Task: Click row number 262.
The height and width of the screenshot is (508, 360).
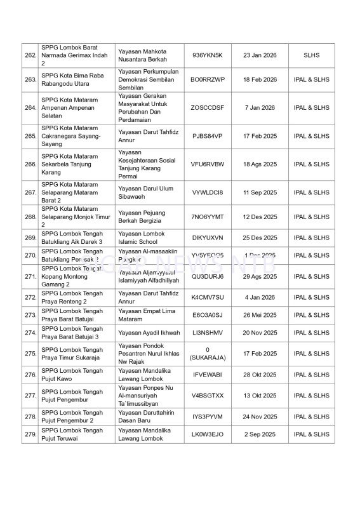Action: (x=30, y=56)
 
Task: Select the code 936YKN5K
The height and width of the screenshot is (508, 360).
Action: (x=208, y=56)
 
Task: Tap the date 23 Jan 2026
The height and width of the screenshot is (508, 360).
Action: (x=260, y=56)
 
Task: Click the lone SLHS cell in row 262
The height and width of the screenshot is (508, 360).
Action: (x=312, y=56)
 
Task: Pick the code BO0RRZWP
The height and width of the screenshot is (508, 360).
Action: (x=208, y=80)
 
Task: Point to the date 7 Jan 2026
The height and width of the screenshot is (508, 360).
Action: (x=260, y=108)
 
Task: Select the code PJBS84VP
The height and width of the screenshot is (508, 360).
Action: (x=208, y=136)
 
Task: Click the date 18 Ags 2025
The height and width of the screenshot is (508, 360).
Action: (x=260, y=164)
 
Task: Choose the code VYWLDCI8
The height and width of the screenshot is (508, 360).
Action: (x=208, y=192)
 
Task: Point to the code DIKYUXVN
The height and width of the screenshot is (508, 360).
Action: (x=208, y=237)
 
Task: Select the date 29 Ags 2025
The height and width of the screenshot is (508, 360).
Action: (x=260, y=277)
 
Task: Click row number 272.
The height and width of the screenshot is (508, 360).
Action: (x=30, y=297)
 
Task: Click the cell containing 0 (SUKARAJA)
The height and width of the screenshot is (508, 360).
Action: (x=208, y=354)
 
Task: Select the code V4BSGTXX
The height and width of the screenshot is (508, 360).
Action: (x=208, y=396)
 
